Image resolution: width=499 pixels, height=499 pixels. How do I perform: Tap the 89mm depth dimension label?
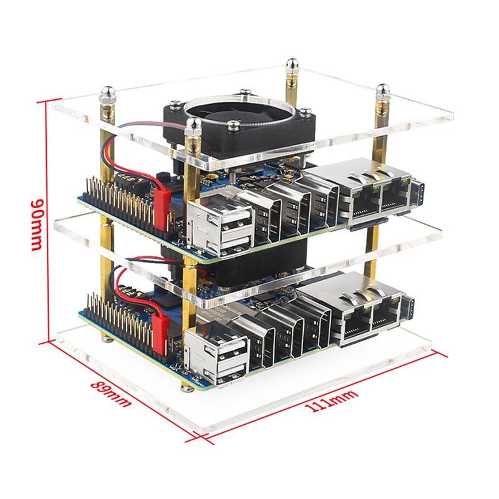pos(110,393)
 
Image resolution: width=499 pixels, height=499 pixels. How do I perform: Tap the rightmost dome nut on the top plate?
pos(382,92)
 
